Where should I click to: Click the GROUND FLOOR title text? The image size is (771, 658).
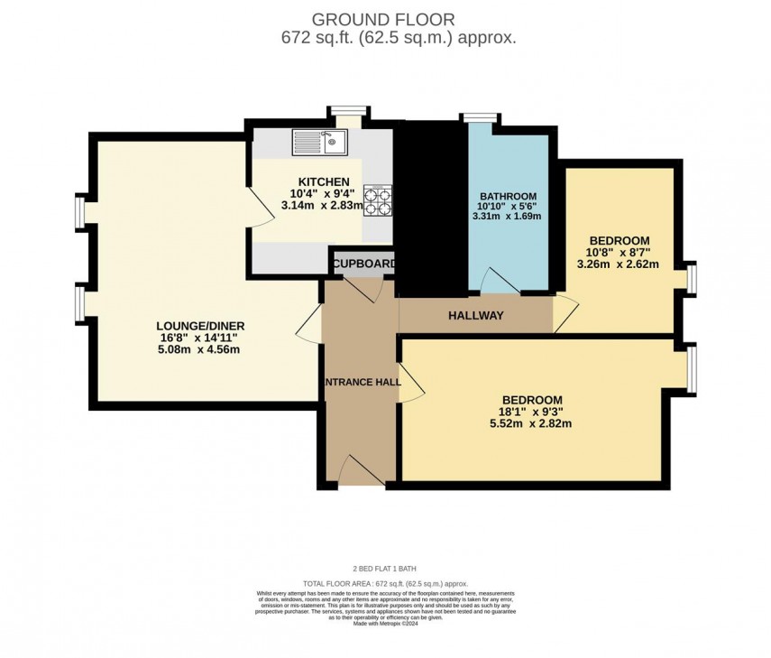[x=383, y=19]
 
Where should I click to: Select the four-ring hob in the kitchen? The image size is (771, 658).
[x=377, y=199]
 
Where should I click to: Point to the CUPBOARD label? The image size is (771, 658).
[x=363, y=264]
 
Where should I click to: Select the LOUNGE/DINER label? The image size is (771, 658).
[x=200, y=326]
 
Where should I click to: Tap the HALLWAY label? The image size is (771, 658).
[x=475, y=315]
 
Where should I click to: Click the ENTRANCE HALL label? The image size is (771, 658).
[x=362, y=382]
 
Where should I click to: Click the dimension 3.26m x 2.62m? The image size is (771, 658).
[x=618, y=264]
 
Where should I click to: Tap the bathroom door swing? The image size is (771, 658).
[x=497, y=282]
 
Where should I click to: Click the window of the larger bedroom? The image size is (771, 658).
[x=692, y=370]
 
